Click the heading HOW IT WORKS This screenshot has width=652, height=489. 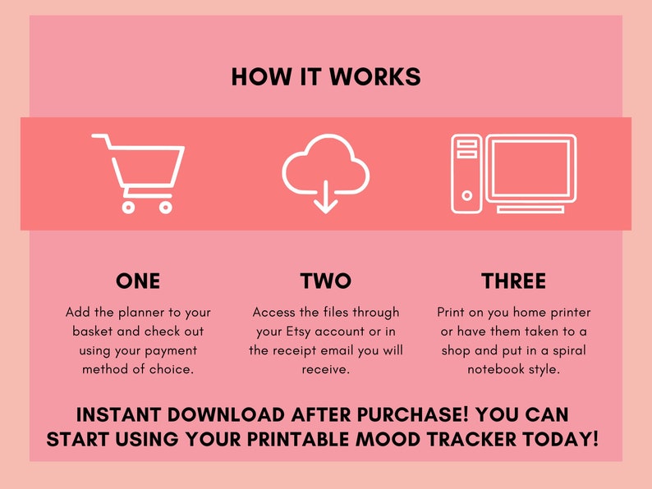(326, 77)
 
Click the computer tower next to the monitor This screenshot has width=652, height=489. (466, 173)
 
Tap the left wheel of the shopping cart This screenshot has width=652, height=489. (128, 207)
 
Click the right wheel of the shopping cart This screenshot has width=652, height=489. (165, 207)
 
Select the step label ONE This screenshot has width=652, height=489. (138, 281)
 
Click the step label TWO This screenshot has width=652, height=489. (326, 281)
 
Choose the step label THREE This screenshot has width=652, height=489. (513, 281)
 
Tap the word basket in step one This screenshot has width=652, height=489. (95, 331)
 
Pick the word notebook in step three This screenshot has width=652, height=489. (495, 369)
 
